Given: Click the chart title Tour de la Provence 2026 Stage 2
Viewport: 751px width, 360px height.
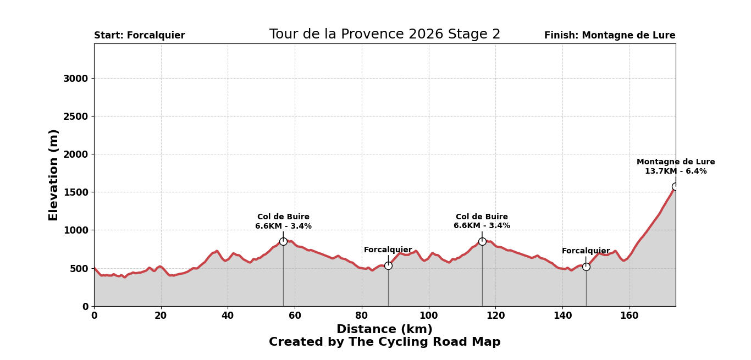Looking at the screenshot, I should pos(384,35).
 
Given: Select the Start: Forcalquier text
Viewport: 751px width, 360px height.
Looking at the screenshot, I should pos(140,36).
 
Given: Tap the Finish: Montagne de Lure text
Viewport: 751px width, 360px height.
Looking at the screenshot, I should pos(610,36).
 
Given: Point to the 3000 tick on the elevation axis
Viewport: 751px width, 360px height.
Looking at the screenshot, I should pos(75,79).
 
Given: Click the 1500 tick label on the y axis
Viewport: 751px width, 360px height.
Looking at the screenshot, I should pos(75,192).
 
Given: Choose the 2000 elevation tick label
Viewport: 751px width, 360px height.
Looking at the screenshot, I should pos(75,154).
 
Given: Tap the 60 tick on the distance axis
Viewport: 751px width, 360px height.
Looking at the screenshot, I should pos(295,316).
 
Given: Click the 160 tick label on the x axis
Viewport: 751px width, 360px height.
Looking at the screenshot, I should pos(629,316).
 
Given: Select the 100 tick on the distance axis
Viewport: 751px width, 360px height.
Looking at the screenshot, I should pos(428,316).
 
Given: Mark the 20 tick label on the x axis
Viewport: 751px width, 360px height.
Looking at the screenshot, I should pos(161,316).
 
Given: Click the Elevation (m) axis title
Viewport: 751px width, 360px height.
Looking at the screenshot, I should pos(54,175).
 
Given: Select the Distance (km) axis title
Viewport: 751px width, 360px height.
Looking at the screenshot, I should pos(384,330).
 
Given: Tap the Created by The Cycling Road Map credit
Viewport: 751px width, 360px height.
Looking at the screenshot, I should pos(384,342).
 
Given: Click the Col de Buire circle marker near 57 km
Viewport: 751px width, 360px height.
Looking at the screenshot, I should pos(283,241).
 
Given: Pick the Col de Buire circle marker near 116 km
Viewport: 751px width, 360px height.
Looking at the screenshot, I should pos(482,241).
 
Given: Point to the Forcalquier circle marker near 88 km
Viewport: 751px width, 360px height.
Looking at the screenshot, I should pos(388,265).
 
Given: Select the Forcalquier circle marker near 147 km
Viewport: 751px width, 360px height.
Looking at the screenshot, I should pos(586,267).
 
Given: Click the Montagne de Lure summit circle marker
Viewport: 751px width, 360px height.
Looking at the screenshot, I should pos(676,186).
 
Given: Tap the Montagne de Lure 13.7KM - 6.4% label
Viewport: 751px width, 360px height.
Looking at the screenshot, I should pos(676,167).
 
